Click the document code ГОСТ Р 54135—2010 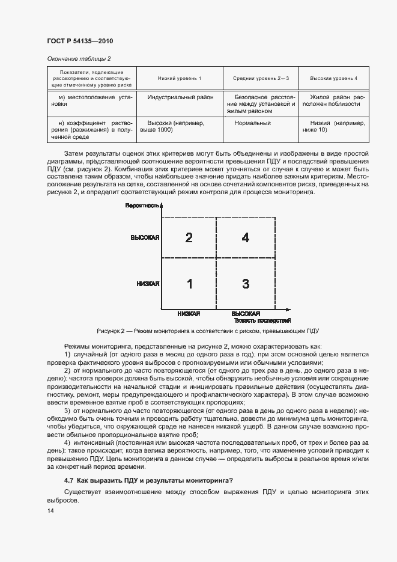point(79,41)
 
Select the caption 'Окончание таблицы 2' point(78,58)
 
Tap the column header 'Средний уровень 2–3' point(261,79)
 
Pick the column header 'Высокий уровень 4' point(333,79)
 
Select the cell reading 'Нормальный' point(252,123)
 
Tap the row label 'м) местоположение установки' point(88,100)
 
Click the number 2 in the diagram point(189,237)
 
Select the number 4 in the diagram point(245,237)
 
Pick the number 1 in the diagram point(189,284)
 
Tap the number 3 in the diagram point(245,284)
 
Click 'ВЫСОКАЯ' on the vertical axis point(145,238)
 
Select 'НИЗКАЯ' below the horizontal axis point(189,314)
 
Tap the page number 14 point(50,511)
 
